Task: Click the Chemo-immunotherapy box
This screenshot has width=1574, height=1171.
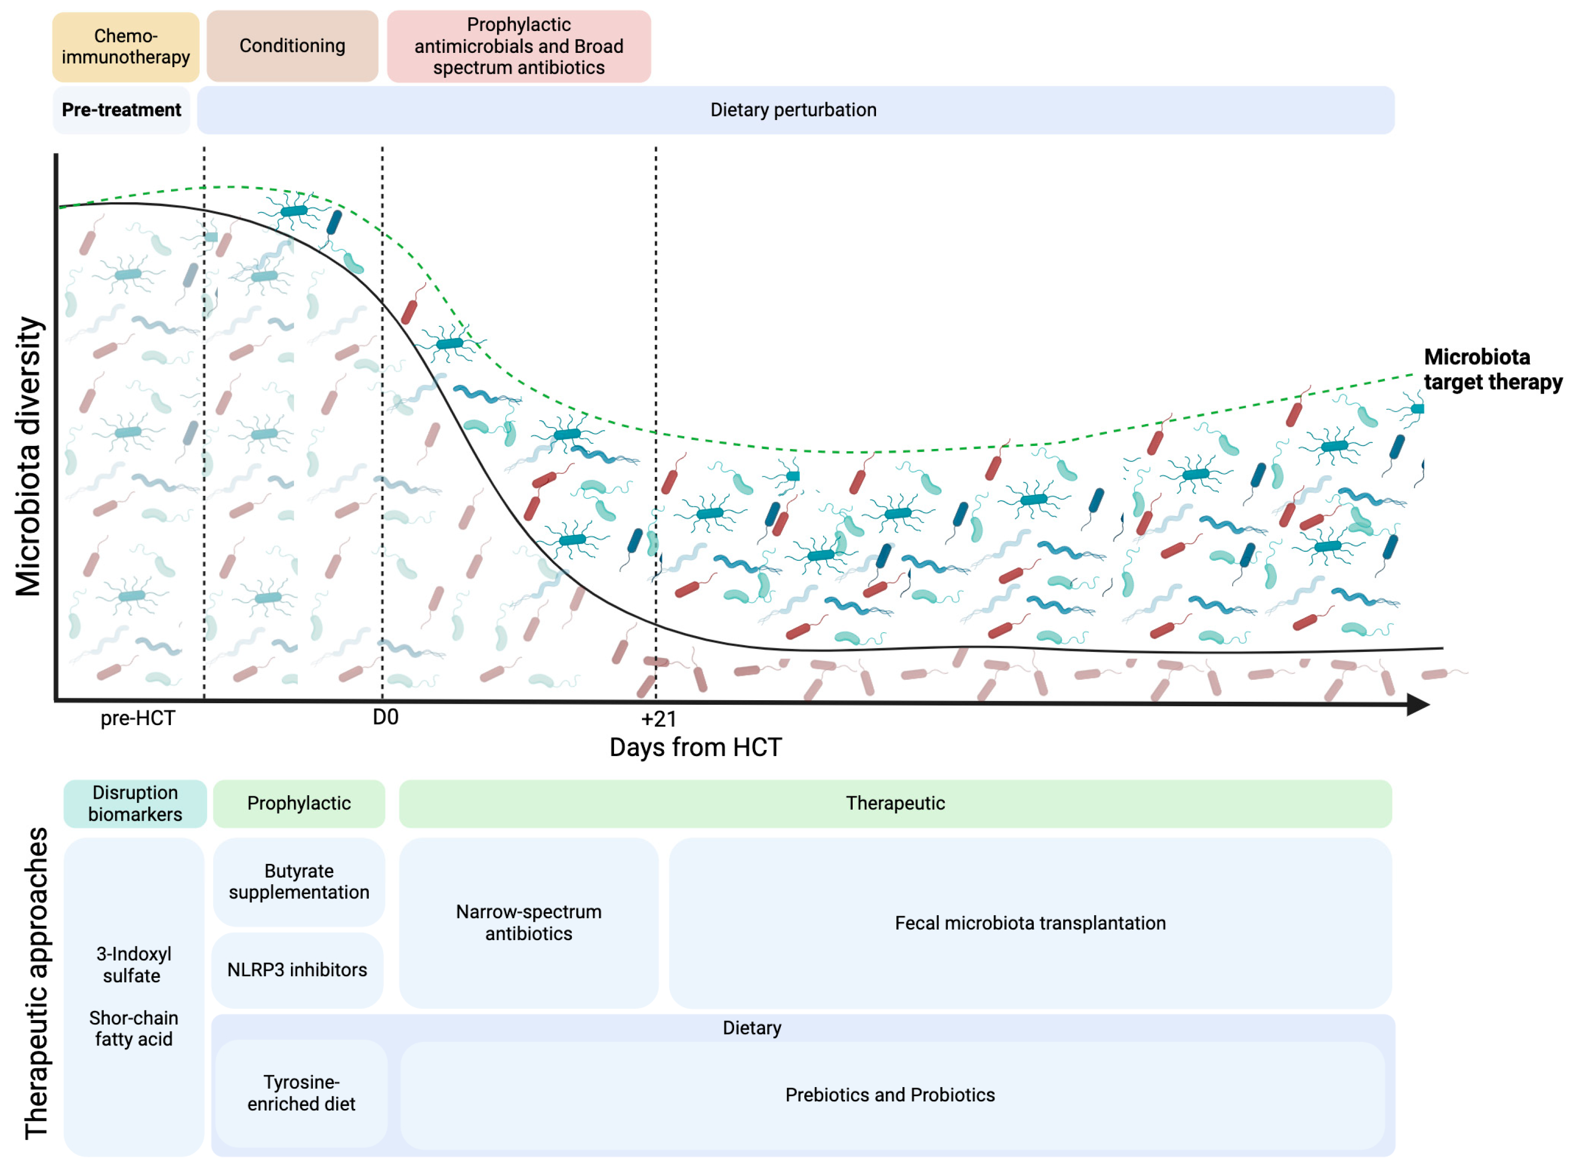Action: tap(126, 47)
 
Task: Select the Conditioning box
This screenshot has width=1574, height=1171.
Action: tap(292, 46)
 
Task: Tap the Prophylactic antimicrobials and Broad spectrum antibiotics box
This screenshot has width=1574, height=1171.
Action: tap(518, 46)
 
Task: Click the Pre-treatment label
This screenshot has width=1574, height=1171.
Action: tap(121, 110)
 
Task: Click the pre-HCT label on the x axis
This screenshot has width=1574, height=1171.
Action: tap(137, 718)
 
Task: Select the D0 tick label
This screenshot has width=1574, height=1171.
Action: tap(385, 717)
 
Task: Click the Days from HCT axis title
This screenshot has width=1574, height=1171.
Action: tap(695, 747)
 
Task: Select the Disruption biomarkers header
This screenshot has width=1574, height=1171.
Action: tap(135, 803)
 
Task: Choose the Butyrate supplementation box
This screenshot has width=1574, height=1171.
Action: tap(299, 881)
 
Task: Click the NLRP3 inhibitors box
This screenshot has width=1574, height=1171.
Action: tap(297, 970)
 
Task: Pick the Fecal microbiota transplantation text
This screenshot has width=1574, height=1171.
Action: tap(1030, 923)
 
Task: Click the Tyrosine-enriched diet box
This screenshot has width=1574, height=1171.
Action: tap(301, 1093)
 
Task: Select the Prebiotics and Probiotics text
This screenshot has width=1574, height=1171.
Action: tap(890, 1095)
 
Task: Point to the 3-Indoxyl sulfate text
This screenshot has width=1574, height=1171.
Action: tap(133, 965)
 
